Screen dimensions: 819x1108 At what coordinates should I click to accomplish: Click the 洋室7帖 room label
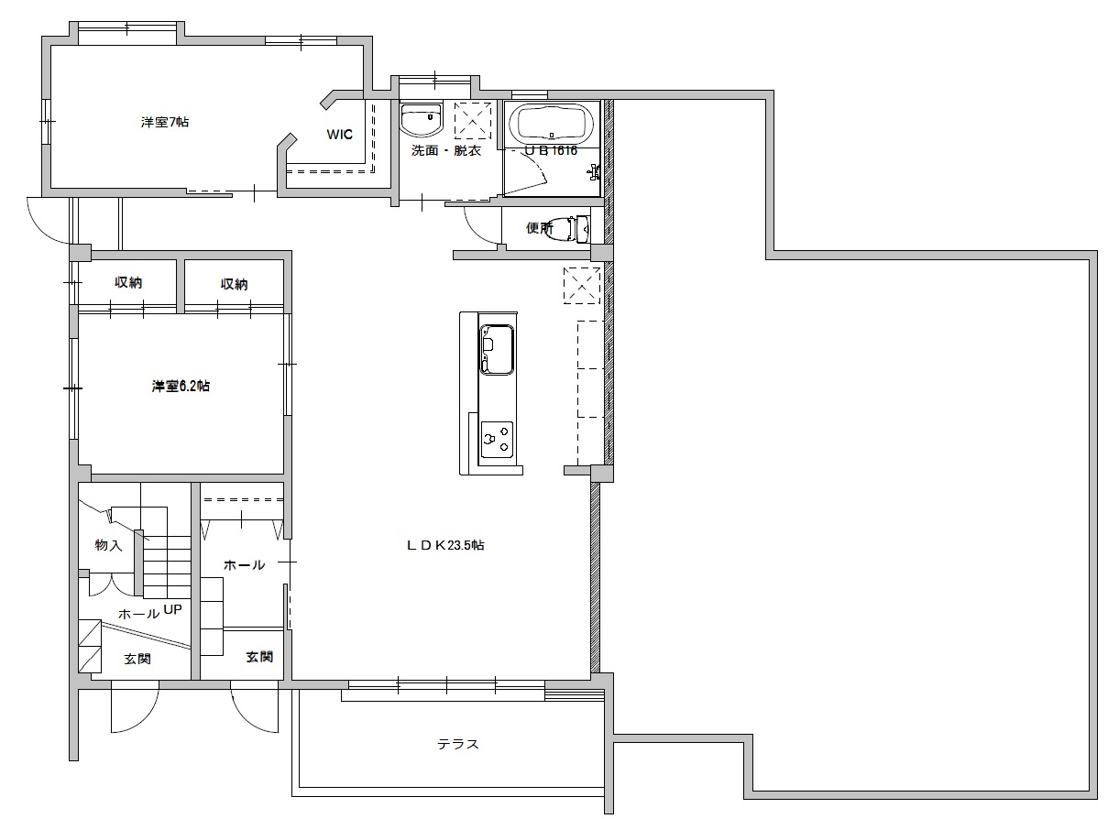coord(165,122)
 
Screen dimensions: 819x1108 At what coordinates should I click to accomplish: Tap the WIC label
coord(339,135)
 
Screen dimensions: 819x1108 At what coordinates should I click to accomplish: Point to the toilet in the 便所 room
coord(576,227)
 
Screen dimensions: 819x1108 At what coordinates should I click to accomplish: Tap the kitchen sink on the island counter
coord(497,349)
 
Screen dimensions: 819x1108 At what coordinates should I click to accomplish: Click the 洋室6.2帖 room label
coord(181,387)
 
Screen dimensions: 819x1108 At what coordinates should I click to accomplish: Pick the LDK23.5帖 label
coord(445,545)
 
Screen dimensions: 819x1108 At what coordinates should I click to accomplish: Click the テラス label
coord(457,744)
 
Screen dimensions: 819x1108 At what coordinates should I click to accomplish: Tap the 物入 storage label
coord(108,545)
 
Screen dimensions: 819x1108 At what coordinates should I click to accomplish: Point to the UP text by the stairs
coord(173,610)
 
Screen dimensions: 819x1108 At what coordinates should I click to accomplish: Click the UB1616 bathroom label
coord(551,151)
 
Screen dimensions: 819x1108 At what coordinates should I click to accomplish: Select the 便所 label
coord(540,228)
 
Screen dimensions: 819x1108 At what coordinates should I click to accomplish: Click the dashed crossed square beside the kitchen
coord(581,285)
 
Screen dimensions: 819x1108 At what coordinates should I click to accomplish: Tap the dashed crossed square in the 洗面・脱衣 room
coord(473,120)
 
